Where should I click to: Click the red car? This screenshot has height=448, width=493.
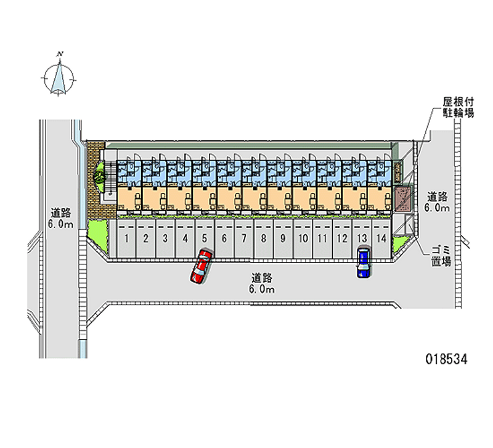(201, 267)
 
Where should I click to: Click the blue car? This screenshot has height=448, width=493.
(364, 262)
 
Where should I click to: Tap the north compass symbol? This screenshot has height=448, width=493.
(59, 76)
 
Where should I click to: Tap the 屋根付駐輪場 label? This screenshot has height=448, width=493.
(458, 108)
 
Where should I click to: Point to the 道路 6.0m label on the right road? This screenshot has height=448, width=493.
(437, 203)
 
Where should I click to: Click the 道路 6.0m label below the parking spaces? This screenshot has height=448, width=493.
(261, 283)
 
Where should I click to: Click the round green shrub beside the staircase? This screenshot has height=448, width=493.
(98, 176)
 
